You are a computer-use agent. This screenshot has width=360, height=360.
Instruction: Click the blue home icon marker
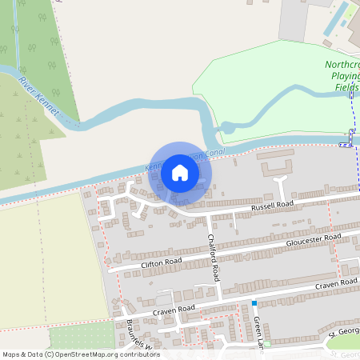tap(180, 173)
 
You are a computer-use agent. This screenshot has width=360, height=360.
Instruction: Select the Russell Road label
tap(273, 205)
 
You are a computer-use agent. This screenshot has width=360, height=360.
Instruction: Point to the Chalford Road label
tap(213, 257)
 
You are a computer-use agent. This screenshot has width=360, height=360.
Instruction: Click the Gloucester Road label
tap(313, 241)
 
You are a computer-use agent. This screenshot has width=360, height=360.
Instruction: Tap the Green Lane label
tap(259, 329)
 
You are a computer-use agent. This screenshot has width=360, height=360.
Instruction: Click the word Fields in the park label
tap(348, 86)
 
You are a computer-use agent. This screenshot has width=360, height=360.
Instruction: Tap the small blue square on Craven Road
tap(254, 302)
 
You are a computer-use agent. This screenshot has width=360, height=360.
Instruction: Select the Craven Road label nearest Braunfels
tap(174, 309)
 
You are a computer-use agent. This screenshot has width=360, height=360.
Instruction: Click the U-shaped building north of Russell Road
tap(276, 168)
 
